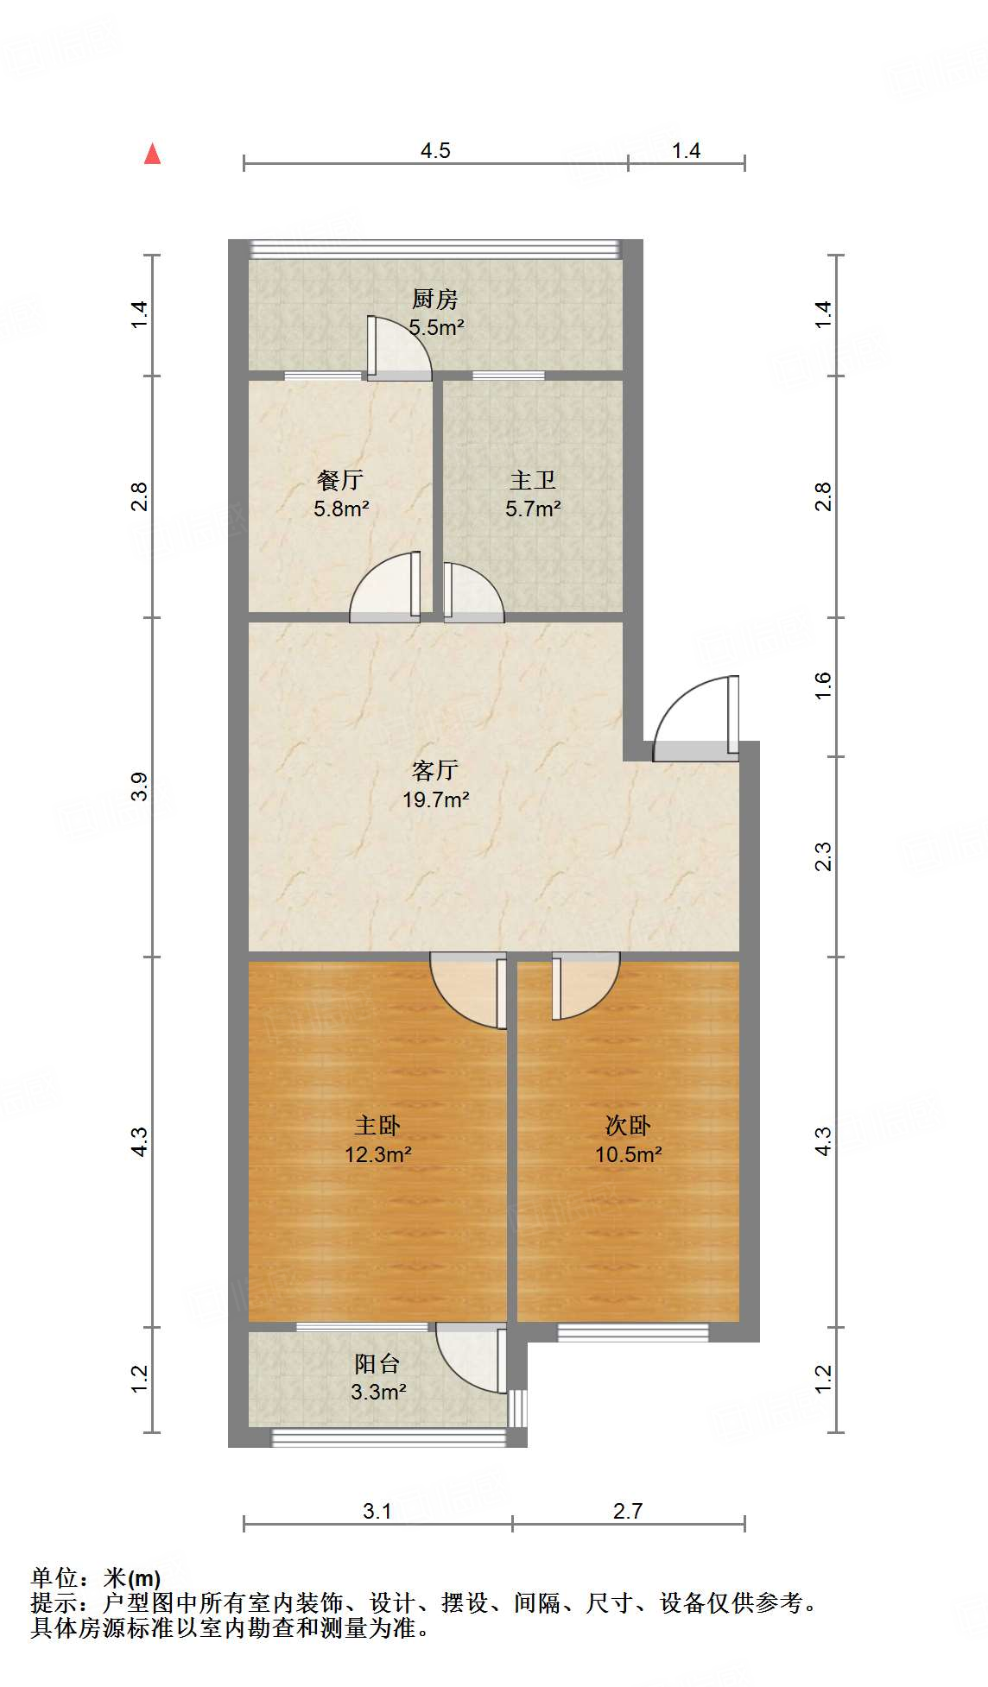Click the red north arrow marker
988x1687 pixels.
(x=153, y=154)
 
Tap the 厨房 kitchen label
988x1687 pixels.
(x=434, y=299)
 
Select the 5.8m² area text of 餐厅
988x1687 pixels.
(x=341, y=509)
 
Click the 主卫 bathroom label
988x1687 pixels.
(x=533, y=480)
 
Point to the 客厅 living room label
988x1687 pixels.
(x=435, y=770)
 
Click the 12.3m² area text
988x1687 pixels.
(x=377, y=1154)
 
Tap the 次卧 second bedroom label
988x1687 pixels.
(x=628, y=1125)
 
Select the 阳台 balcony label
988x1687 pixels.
(x=377, y=1363)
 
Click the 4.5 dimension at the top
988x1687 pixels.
(x=435, y=150)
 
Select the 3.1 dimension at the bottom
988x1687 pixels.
(x=377, y=1511)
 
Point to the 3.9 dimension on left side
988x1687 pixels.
(x=140, y=787)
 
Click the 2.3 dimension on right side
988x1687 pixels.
(x=823, y=856)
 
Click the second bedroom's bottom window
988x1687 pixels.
(x=633, y=1332)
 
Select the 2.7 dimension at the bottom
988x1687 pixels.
(x=628, y=1511)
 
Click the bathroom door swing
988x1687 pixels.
(x=472, y=593)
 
